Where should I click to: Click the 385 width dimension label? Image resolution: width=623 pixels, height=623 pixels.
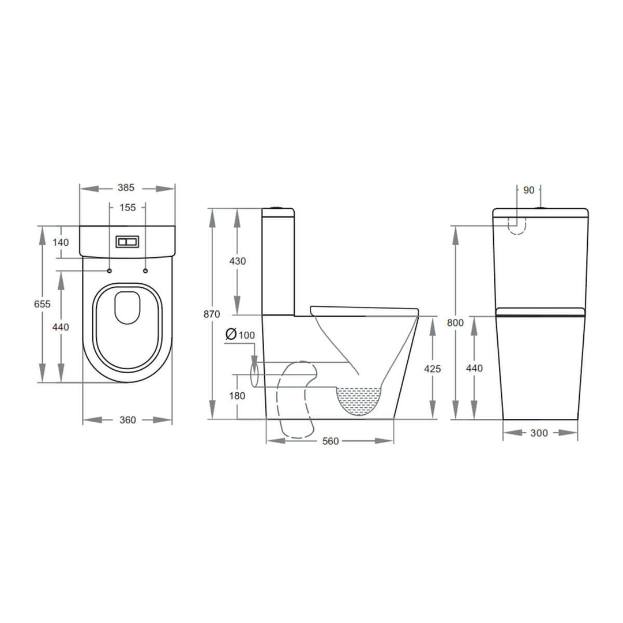click(x=126, y=187)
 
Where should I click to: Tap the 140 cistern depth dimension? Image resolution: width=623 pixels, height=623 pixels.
click(x=61, y=242)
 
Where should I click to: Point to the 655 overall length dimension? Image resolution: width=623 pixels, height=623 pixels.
click(x=43, y=304)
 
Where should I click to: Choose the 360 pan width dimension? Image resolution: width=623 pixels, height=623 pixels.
click(x=127, y=420)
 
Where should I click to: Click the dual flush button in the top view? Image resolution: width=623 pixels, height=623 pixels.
click(x=127, y=242)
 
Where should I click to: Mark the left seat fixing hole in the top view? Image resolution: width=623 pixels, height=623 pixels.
click(x=109, y=271)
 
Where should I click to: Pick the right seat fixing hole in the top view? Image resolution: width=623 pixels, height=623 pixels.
click(x=145, y=271)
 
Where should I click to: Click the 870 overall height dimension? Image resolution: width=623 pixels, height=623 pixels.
click(x=212, y=314)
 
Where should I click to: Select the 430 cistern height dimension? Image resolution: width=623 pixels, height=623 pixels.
click(x=237, y=261)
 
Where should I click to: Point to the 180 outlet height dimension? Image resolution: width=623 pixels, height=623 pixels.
click(x=237, y=396)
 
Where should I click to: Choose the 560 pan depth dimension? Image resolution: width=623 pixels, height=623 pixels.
click(x=330, y=441)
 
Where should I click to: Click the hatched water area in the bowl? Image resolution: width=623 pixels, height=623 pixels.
click(x=359, y=399)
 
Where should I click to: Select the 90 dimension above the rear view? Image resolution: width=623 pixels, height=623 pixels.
click(x=528, y=190)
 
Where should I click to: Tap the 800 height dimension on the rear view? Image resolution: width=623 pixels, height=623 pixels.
click(x=455, y=323)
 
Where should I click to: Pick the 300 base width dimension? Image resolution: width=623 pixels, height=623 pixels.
click(x=539, y=433)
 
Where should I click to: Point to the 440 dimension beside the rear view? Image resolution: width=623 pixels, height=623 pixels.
click(x=474, y=369)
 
